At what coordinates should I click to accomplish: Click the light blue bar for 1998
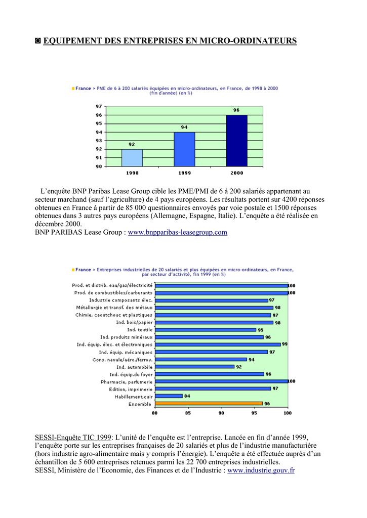[132, 158]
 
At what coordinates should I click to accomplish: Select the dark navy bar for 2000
[237, 141]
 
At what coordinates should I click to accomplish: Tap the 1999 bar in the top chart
[184, 149]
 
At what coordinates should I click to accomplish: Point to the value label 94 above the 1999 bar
[184, 127]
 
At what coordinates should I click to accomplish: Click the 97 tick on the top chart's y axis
[99, 106]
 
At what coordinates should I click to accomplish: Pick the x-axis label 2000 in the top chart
[237, 173]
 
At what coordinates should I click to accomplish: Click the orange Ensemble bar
[209, 403]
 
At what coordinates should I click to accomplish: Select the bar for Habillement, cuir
[169, 396]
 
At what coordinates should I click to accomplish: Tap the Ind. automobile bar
[195, 366]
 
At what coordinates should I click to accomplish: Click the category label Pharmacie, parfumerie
[127, 382]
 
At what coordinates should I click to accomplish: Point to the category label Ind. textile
[140, 330]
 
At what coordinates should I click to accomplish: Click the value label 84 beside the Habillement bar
[187, 396]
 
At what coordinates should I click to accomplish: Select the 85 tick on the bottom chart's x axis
[188, 413]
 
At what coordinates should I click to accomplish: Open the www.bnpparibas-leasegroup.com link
[178, 232]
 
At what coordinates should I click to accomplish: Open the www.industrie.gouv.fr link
[261, 470]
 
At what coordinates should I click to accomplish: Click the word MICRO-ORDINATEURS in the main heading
[249, 40]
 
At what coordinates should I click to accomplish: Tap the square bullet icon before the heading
[38, 40]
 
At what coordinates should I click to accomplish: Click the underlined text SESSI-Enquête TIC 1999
[73, 438]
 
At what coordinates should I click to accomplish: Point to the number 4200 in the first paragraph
[290, 199]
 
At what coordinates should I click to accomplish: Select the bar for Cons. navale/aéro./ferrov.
[201, 360]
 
